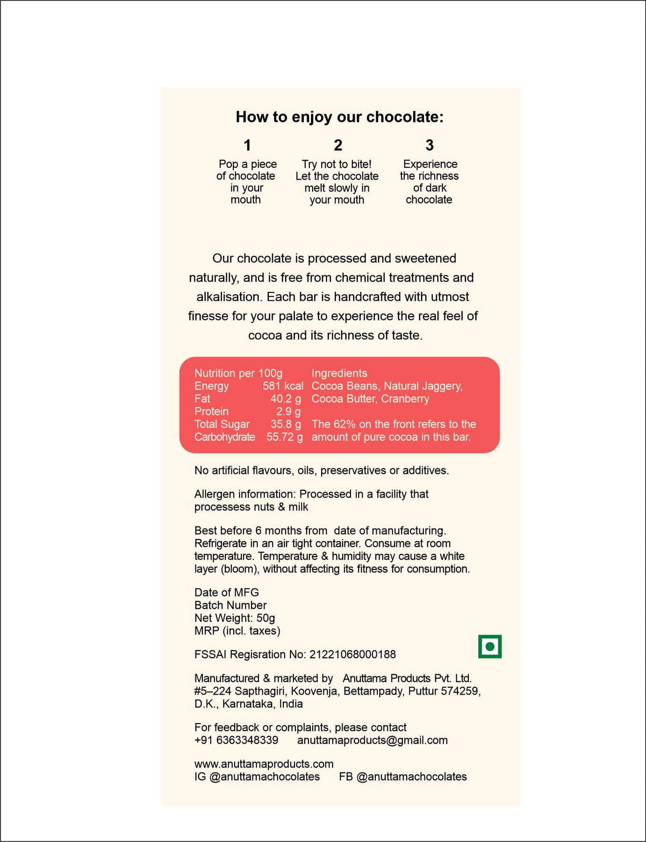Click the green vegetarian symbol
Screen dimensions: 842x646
[489, 646]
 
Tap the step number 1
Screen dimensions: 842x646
[247, 145]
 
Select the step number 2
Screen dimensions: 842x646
[338, 145]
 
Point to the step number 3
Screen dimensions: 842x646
[429, 145]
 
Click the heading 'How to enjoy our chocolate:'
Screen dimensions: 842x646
[339, 117]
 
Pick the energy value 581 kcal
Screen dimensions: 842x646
[283, 386]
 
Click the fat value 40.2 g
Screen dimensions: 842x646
[286, 399]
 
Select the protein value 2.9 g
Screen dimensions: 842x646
[288, 411]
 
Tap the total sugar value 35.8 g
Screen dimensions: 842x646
[286, 424]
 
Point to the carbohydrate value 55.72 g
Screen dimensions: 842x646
[284, 437]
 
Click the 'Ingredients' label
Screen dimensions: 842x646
[339, 373]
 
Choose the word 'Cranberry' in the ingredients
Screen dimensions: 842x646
[405, 399]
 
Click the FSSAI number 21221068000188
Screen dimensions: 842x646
[352, 654]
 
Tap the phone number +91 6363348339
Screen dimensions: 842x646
[236, 740]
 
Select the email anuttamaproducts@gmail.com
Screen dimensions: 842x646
[372, 740]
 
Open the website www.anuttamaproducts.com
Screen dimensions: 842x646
[264, 764]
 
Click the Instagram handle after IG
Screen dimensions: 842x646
[265, 777]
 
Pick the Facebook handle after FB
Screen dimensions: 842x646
[411, 777]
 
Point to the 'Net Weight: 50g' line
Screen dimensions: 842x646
[235, 618]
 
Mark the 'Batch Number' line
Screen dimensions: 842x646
[230, 605]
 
